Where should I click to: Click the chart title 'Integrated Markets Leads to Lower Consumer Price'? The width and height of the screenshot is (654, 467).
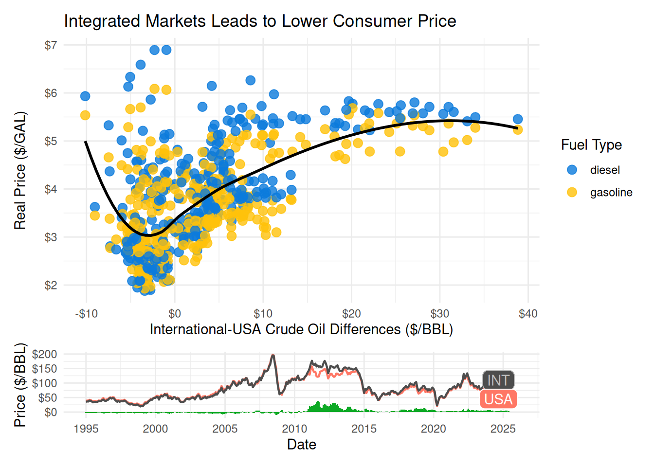[260, 21]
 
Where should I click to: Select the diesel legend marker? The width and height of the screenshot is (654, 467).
[572, 170]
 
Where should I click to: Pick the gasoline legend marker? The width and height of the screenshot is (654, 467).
[572, 193]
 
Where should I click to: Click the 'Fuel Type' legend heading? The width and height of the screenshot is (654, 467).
[591, 145]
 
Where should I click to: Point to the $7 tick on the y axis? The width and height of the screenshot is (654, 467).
[51, 45]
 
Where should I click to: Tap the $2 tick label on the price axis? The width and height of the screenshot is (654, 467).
[51, 286]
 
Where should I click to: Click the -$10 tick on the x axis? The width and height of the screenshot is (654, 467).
[86, 314]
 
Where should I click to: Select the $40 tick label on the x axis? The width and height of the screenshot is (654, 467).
[528, 314]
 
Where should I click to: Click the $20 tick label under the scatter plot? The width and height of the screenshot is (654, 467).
[351, 314]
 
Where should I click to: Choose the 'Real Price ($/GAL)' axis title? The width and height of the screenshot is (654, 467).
[20, 171]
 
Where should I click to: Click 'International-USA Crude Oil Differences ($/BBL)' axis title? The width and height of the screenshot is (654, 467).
[301, 329]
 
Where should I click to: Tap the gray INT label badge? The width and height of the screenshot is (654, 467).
[498, 380]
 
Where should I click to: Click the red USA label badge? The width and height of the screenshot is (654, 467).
[498, 399]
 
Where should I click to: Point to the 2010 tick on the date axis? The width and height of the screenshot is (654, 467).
[294, 429]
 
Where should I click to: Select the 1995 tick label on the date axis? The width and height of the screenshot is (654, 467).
[86, 429]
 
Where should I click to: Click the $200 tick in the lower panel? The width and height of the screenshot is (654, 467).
[44, 354]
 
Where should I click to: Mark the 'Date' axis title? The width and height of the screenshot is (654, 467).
[301, 445]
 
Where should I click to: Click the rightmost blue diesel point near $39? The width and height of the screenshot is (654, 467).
[518, 119]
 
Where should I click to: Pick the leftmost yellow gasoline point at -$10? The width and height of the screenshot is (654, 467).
[85, 115]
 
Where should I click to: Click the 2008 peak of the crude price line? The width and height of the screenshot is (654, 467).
[273, 355]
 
